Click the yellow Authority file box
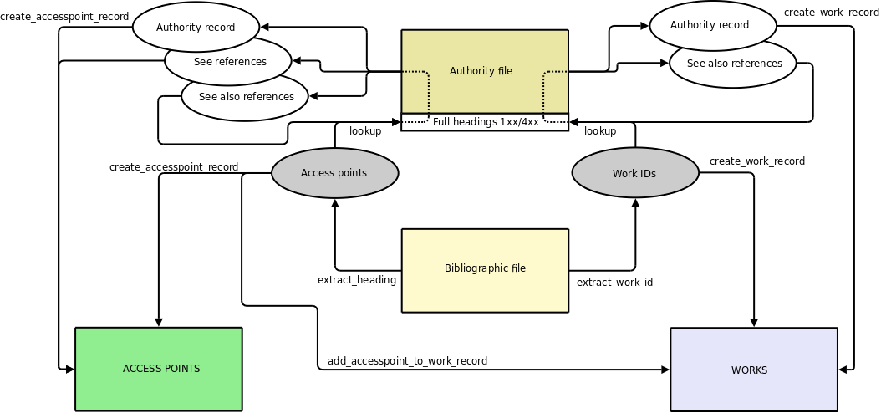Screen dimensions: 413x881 pyautogui.click(x=485, y=71)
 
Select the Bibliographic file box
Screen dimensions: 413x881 pyautogui.click(x=485, y=269)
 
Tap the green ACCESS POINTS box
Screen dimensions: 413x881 pyautogui.click(x=159, y=369)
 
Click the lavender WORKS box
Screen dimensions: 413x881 pyautogui.click(x=754, y=370)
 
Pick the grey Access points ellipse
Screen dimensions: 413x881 pyautogui.click(x=334, y=174)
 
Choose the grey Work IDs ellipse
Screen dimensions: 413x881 pyautogui.click(x=634, y=174)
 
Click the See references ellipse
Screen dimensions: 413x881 pyautogui.click(x=229, y=61)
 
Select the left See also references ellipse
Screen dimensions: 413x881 pyautogui.click(x=246, y=96)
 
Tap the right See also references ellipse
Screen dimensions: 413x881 pyautogui.click(x=734, y=64)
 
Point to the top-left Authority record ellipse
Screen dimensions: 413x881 pyautogui.click(x=196, y=27)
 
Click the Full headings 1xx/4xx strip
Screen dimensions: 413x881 pyautogui.click(x=485, y=122)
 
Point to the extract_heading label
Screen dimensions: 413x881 pyautogui.click(x=357, y=280)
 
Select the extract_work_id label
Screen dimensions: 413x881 pyautogui.click(x=614, y=283)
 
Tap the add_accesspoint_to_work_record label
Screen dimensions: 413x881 pyautogui.click(x=407, y=361)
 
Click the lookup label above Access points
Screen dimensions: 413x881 pyautogui.click(x=365, y=131)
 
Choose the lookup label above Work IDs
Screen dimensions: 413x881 pyautogui.click(x=600, y=131)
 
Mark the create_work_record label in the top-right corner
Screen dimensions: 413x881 pyautogui.click(x=831, y=13)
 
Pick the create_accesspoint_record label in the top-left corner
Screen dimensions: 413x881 pyautogui.click(x=64, y=17)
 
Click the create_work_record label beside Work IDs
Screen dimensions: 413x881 pyautogui.click(x=757, y=161)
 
